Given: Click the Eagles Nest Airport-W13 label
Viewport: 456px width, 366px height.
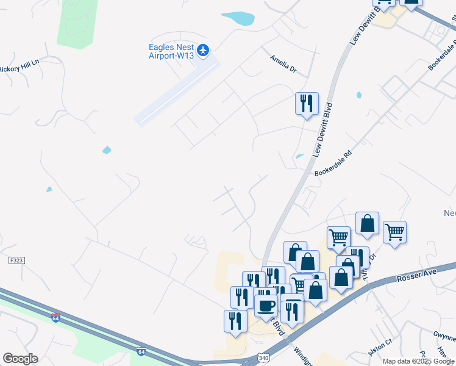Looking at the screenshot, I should [x=171, y=51].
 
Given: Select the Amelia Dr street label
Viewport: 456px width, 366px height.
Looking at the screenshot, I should [x=283, y=63].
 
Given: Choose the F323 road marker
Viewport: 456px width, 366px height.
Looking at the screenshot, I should [x=16, y=260].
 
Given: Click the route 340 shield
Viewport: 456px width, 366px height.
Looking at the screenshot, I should [x=263, y=357].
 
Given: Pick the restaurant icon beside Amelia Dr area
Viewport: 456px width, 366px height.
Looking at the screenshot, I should [x=306, y=102].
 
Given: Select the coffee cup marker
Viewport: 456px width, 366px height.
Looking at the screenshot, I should [x=265, y=305].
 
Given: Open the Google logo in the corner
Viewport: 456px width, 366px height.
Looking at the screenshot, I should [x=20, y=358].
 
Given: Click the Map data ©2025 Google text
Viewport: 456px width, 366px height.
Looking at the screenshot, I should [x=419, y=361].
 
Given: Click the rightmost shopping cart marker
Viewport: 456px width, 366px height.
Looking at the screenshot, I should [x=394, y=232].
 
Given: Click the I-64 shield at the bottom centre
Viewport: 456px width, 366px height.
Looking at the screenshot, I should [x=141, y=351].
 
